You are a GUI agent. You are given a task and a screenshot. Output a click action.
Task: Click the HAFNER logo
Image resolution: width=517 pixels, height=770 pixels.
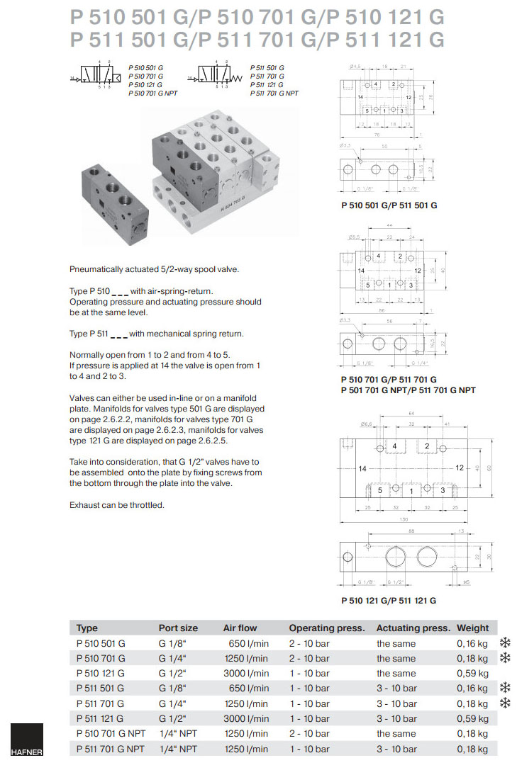[26, 742]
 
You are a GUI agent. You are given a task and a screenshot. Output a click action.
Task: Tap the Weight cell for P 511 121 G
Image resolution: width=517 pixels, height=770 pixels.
[472, 718]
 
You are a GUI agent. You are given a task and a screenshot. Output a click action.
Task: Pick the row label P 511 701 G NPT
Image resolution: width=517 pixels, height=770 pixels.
[110, 749]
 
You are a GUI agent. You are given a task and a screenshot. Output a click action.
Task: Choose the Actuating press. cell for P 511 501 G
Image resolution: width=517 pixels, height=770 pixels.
[396, 688]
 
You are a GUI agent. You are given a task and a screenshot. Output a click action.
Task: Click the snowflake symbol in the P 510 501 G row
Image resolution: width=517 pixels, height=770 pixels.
[505, 642]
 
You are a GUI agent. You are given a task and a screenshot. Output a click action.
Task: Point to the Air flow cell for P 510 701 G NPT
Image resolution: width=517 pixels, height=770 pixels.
[246, 733]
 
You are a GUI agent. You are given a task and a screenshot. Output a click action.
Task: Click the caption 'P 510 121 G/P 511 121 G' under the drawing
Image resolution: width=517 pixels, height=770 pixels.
[388, 600]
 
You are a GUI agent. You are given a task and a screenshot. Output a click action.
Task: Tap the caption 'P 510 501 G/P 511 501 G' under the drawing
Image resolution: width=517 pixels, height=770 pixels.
[389, 205]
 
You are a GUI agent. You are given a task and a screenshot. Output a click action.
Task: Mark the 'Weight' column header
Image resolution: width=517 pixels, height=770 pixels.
[472, 628]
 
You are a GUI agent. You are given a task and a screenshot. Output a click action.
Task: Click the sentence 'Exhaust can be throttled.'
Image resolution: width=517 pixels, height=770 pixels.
[116, 505]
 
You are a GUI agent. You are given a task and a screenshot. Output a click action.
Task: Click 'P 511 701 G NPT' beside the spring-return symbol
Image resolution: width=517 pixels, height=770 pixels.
[274, 93]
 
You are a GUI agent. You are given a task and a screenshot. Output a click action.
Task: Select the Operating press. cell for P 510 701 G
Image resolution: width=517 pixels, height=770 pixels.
[309, 658]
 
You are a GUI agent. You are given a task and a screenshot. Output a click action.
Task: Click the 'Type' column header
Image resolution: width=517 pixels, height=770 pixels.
[87, 628]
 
